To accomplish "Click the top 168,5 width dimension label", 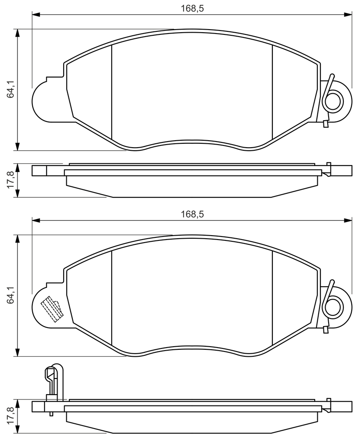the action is tap(192, 9).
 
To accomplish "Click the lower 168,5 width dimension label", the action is tap(192, 214).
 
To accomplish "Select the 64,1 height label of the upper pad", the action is tap(10, 89).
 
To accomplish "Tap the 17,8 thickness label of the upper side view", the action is tap(10, 180).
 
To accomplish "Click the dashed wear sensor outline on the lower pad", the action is tap(51, 309).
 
